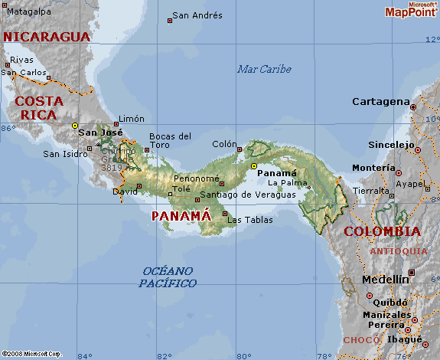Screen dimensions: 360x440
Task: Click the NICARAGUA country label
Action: (47, 36)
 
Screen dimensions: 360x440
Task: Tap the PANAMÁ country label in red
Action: (181, 216)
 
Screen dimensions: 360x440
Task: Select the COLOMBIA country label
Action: (382, 231)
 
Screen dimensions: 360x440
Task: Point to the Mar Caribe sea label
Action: (264, 69)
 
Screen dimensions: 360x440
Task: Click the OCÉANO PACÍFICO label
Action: (168, 277)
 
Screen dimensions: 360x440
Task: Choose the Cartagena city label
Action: (381, 101)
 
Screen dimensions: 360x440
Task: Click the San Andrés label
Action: (197, 15)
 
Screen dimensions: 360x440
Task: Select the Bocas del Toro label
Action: (170, 140)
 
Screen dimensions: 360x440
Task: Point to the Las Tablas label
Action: (250, 220)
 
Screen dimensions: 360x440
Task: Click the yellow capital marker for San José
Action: (75, 125)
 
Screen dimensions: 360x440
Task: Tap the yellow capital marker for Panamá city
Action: (254, 165)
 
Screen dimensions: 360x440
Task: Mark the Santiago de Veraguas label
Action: (247, 195)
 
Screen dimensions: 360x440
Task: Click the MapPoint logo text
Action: (411, 11)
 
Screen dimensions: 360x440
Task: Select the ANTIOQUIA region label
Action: (399, 250)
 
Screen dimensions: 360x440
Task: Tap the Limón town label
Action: (131, 119)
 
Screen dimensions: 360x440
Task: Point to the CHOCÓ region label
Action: (361, 339)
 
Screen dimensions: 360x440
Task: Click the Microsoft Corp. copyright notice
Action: (31, 354)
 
